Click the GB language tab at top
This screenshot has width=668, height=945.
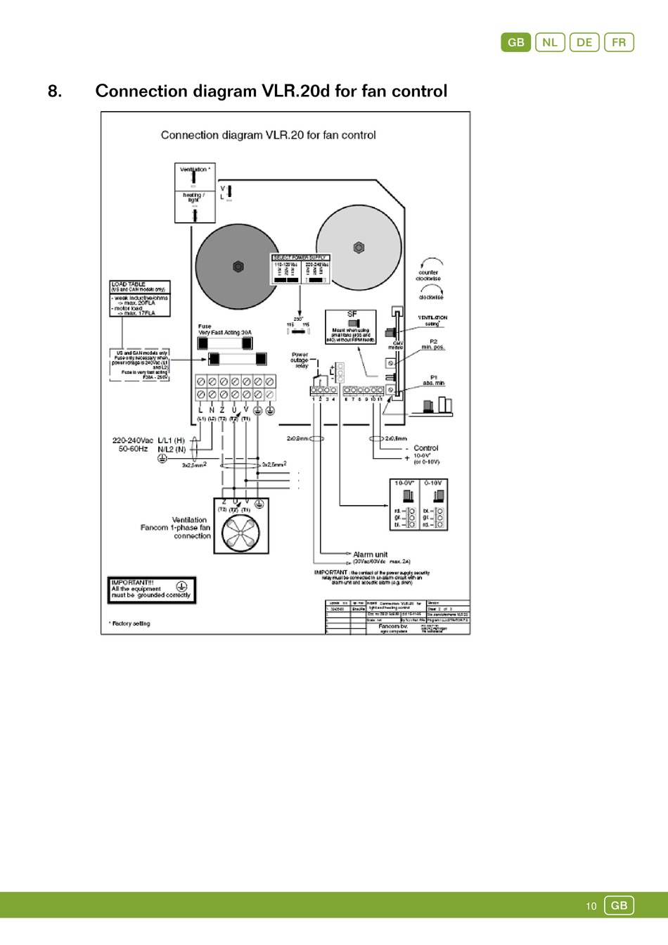515,42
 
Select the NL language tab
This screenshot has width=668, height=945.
550,42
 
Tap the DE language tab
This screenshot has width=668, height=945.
584,42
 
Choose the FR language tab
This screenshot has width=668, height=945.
619,42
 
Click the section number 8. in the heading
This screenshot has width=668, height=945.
55,91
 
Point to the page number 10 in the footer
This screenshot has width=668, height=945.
591,906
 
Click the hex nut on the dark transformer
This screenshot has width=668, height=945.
238,267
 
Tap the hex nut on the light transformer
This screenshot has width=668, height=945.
359,248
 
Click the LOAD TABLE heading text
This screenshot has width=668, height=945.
129,284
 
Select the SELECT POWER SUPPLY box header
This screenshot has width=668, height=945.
300,258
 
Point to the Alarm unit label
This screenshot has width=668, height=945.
370,554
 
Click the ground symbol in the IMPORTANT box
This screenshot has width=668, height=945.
181,585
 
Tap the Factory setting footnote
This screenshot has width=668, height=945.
130,623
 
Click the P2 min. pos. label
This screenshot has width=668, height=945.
433,344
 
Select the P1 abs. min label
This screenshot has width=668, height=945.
433,380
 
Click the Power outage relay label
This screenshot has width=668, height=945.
300,360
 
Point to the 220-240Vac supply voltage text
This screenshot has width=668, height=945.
133,440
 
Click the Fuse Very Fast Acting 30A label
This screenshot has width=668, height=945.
224,329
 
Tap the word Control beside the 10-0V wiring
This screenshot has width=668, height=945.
425,448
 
